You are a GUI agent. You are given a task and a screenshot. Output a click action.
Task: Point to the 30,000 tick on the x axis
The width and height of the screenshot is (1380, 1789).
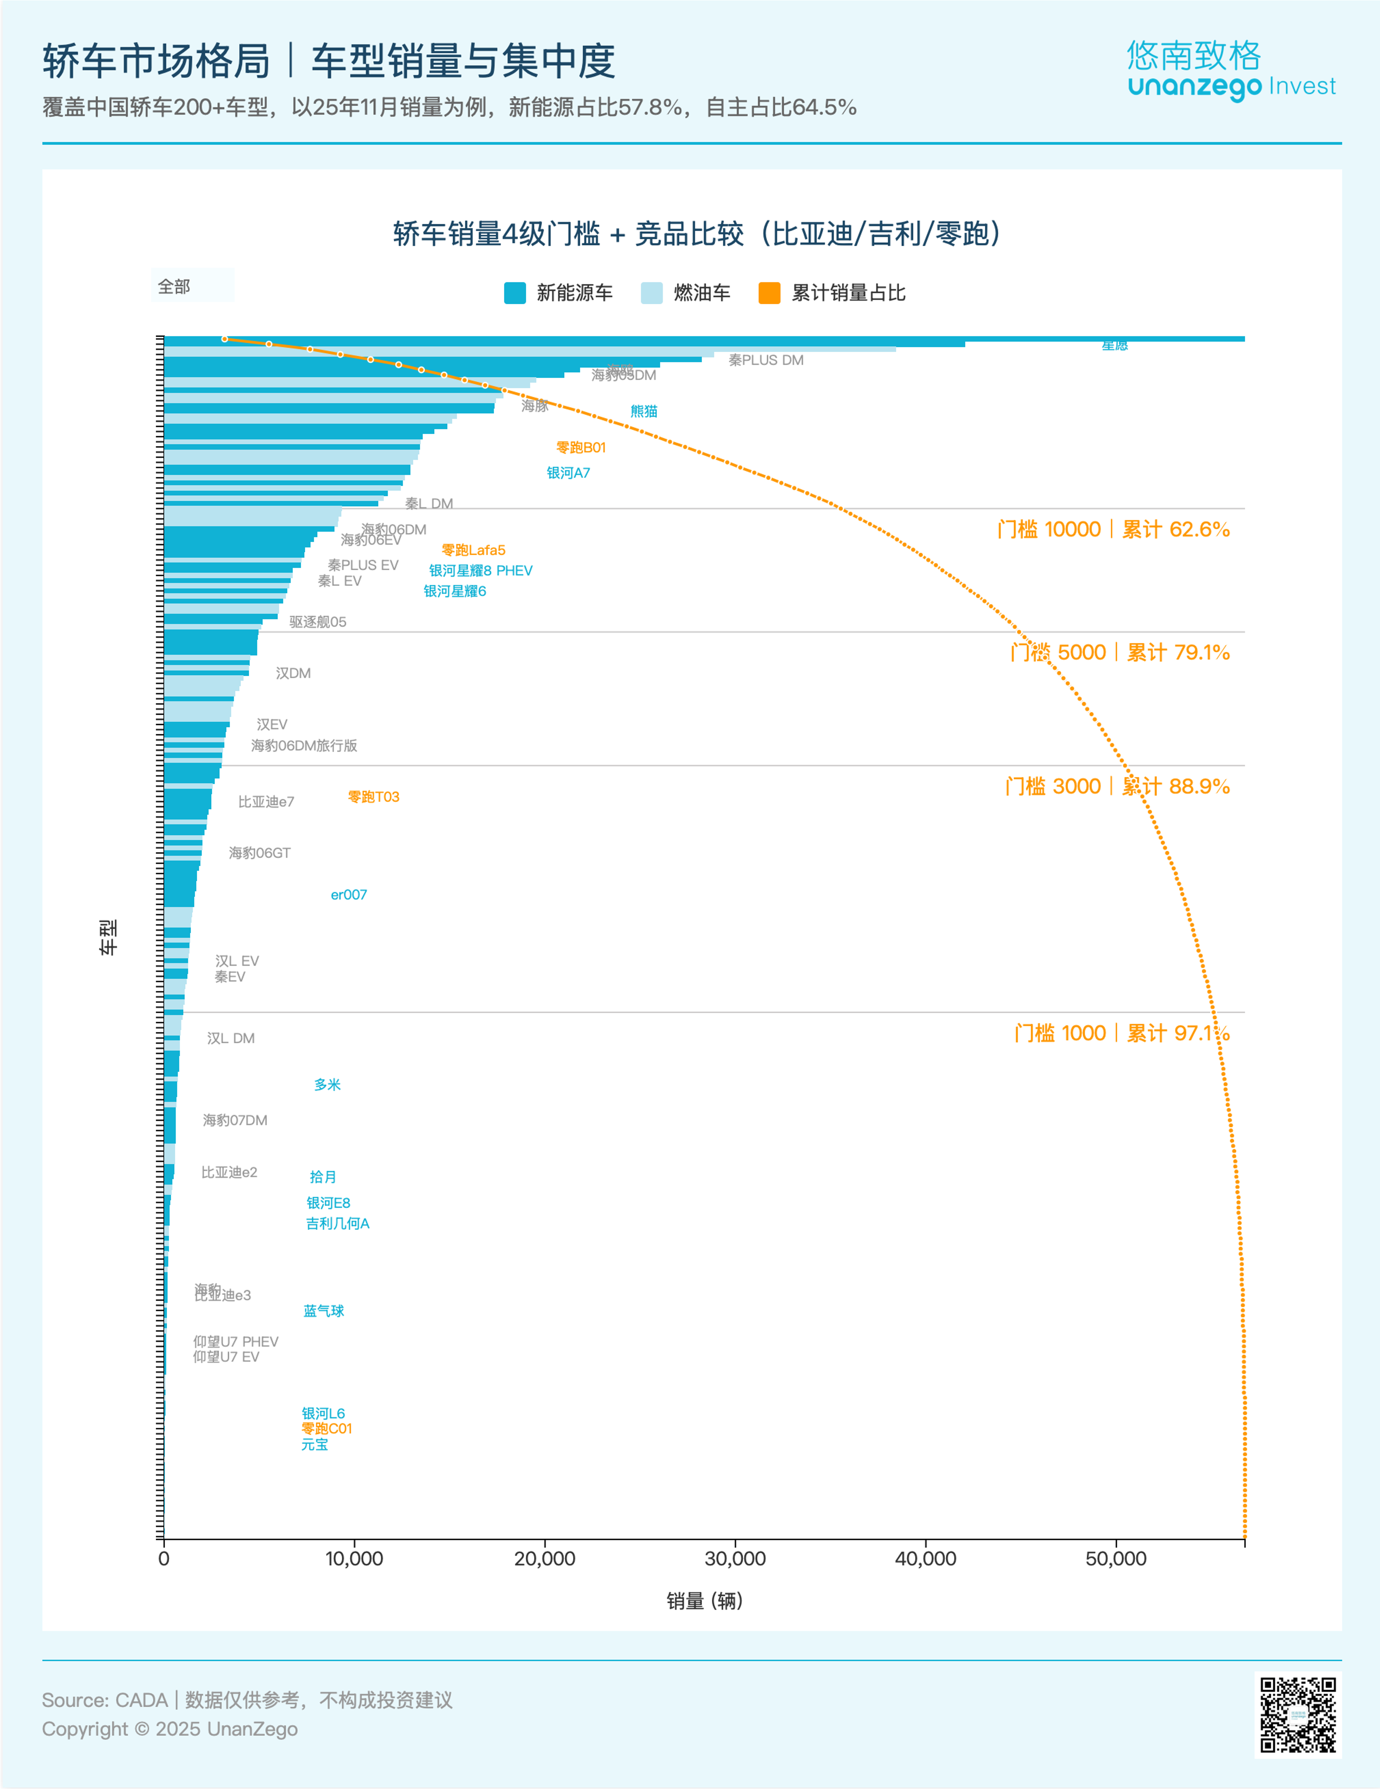735,1558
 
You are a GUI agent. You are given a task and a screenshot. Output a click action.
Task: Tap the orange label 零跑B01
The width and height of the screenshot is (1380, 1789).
581,447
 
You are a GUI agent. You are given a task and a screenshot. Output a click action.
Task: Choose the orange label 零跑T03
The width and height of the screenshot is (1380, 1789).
374,797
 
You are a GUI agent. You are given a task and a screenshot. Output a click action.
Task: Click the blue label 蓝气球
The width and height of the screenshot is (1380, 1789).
324,1310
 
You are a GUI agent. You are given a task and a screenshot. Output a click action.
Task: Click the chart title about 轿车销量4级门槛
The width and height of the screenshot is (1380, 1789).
697,234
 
